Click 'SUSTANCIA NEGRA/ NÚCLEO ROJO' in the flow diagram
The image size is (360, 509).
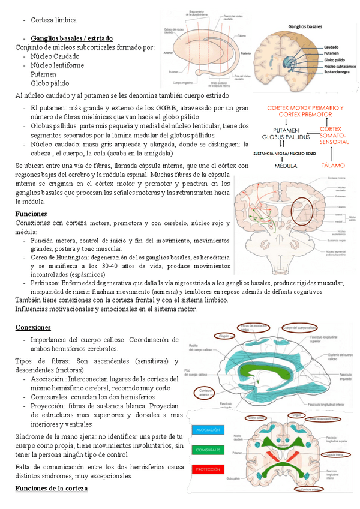tap(284, 153)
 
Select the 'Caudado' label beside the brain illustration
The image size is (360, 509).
tap(331, 47)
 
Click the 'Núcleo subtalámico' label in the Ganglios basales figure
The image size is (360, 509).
tap(340, 66)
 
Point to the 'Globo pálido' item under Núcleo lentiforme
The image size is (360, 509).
tap(50, 83)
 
